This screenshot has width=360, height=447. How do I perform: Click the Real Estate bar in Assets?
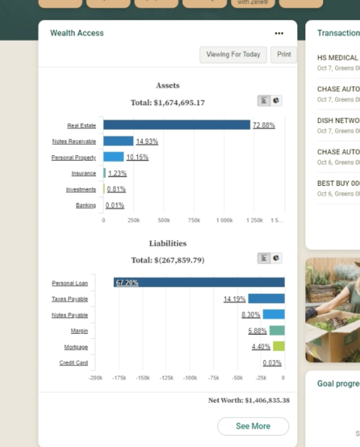tap(176, 124)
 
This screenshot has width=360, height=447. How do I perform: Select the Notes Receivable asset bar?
tap(118, 141)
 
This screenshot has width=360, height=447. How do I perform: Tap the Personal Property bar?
tap(113, 157)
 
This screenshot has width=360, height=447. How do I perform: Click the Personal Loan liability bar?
tap(199, 282)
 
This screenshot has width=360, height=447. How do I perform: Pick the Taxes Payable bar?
tap(266, 298)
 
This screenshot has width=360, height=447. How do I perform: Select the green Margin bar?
tap(277, 330)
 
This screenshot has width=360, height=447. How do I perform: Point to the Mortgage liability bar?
tap(278, 346)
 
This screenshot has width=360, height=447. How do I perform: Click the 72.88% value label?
tap(263, 124)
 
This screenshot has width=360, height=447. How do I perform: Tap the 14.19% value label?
tap(234, 298)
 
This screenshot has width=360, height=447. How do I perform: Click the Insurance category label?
tap(83, 173)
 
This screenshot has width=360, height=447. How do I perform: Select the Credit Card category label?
tap(73, 362)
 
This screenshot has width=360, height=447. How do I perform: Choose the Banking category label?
tap(85, 205)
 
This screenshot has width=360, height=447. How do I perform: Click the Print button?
tap(283, 54)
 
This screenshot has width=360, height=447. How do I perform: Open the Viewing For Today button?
tap(232, 54)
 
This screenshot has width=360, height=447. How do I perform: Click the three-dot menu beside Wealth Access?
tap(279, 33)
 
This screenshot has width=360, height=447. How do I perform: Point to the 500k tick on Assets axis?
tap(163, 220)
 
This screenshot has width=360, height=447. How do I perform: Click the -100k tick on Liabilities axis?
tap(190, 378)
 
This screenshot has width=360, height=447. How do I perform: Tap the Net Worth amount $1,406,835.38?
tap(267, 400)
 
